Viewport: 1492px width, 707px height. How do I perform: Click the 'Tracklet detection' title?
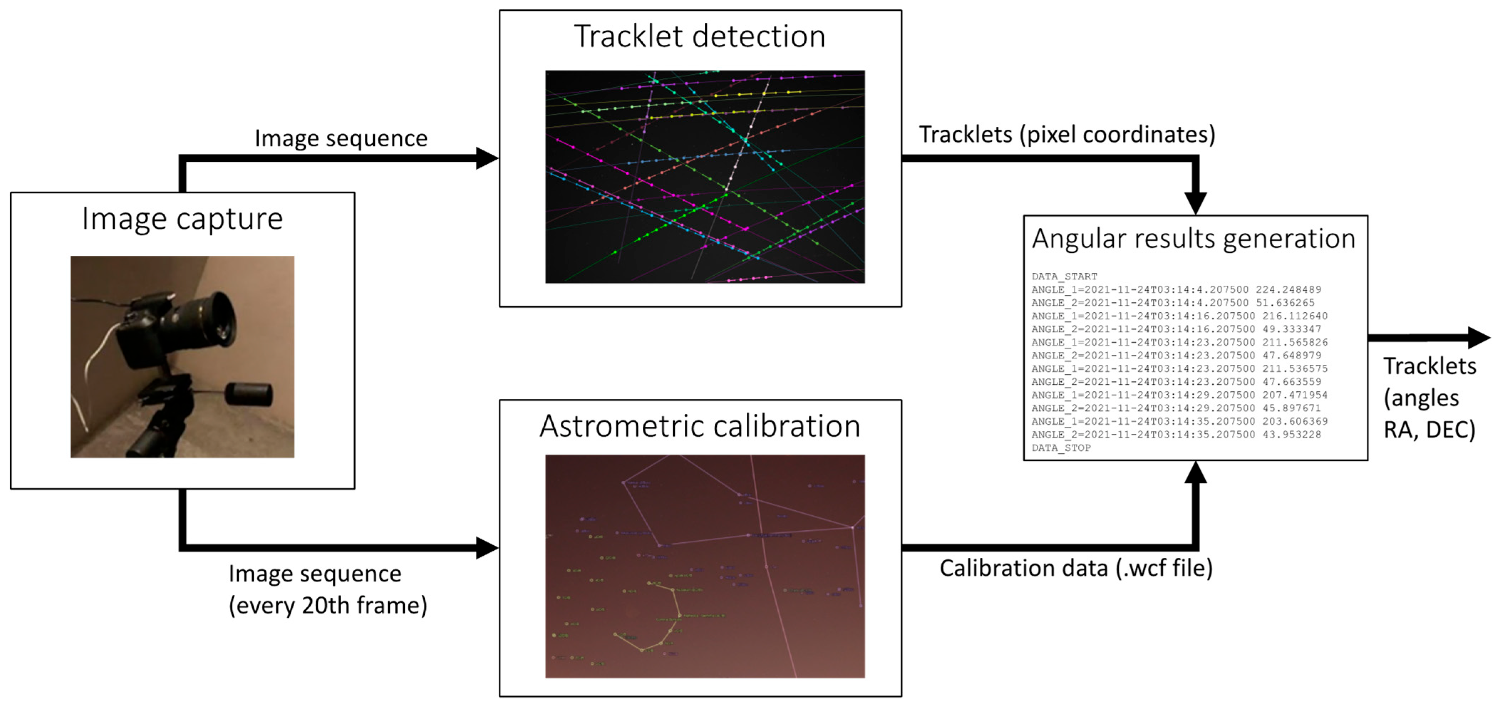700,36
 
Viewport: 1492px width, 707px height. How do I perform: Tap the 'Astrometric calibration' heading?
700,427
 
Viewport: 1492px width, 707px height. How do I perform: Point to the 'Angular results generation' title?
1194,239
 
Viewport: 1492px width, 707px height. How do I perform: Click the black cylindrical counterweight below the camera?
249,394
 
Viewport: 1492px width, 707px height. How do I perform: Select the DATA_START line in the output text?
1064,276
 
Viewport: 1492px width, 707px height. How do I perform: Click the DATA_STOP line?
1061,448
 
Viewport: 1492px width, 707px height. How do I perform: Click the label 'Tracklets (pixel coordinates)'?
1067,134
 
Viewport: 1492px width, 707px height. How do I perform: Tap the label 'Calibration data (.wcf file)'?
1076,568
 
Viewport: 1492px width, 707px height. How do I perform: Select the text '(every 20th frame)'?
328,605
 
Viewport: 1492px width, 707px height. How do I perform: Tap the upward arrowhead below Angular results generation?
1196,473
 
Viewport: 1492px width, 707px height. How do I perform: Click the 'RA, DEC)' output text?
1429,430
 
